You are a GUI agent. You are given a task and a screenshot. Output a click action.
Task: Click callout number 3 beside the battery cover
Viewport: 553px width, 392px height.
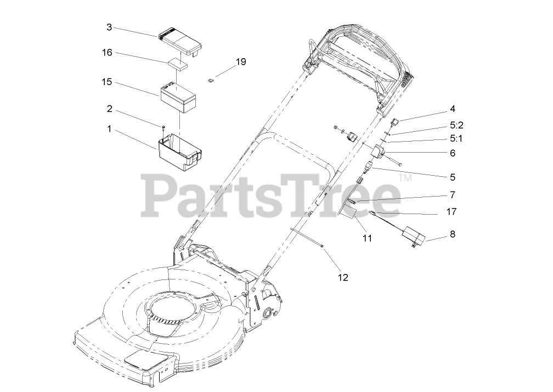click(x=109, y=27)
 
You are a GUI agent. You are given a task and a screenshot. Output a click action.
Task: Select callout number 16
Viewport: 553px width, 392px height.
click(x=107, y=53)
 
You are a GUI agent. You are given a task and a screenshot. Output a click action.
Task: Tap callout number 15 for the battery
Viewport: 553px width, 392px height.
click(x=107, y=82)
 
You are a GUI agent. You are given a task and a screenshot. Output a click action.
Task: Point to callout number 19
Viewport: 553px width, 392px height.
click(x=240, y=62)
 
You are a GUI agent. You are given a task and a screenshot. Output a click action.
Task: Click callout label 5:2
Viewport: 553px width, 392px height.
click(x=456, y=125)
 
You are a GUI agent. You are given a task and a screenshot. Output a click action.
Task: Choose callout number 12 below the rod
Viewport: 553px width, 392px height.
click(x=343, y=277)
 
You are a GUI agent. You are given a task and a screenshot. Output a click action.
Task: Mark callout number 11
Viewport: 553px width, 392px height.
click(x=367, y=238)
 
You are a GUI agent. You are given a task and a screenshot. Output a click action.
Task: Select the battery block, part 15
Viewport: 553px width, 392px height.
click(x=178, y=98)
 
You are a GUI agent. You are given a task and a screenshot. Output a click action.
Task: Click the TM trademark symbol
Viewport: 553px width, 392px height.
click(x=404, y=178)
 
